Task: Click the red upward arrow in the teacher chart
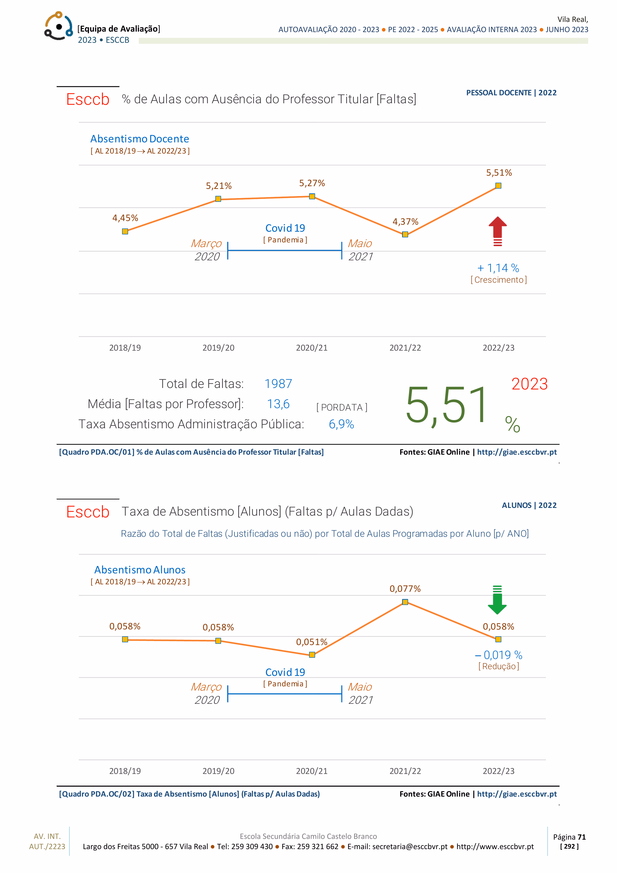pos(498,231)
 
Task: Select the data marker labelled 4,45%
pos(125,231)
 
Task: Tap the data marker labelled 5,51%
pos(498,186)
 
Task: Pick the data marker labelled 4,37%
pos(405,234)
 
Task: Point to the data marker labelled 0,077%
pos(405,602)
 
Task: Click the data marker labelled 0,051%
pos(312,655)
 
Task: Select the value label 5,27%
pos(312,183)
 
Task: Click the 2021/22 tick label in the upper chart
pos(405,347)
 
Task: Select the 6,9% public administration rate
pos(341,424)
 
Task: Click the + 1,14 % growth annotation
pos(498,268)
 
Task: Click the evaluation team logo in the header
pos(58,26)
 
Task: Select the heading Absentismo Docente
pos(140,139)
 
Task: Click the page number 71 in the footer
pos(581,837)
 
